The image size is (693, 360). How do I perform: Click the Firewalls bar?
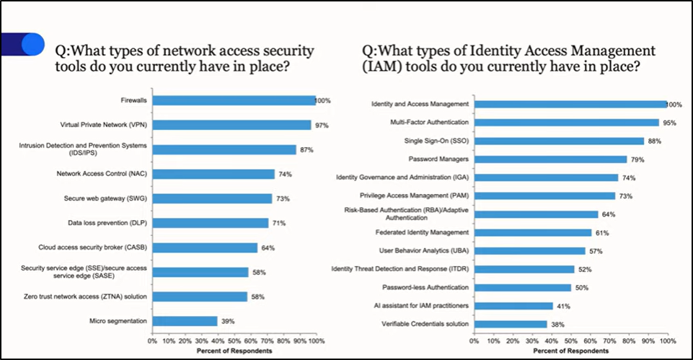tap(234, 100)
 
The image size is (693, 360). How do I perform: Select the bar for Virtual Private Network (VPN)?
tap(231, 125)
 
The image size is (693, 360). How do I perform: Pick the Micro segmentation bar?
tap(185, 321)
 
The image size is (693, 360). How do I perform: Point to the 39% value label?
tap(227, 321)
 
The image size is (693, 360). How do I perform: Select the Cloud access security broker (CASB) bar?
tap(205, 247)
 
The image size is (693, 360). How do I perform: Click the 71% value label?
tap(278, 223)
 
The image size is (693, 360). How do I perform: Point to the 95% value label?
tap(670, 123)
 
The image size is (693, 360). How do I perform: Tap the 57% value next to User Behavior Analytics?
tap(596, 251)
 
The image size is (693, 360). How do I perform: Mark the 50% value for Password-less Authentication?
tap(582, 287)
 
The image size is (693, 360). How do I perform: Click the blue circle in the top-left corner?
tap(30, 44)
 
